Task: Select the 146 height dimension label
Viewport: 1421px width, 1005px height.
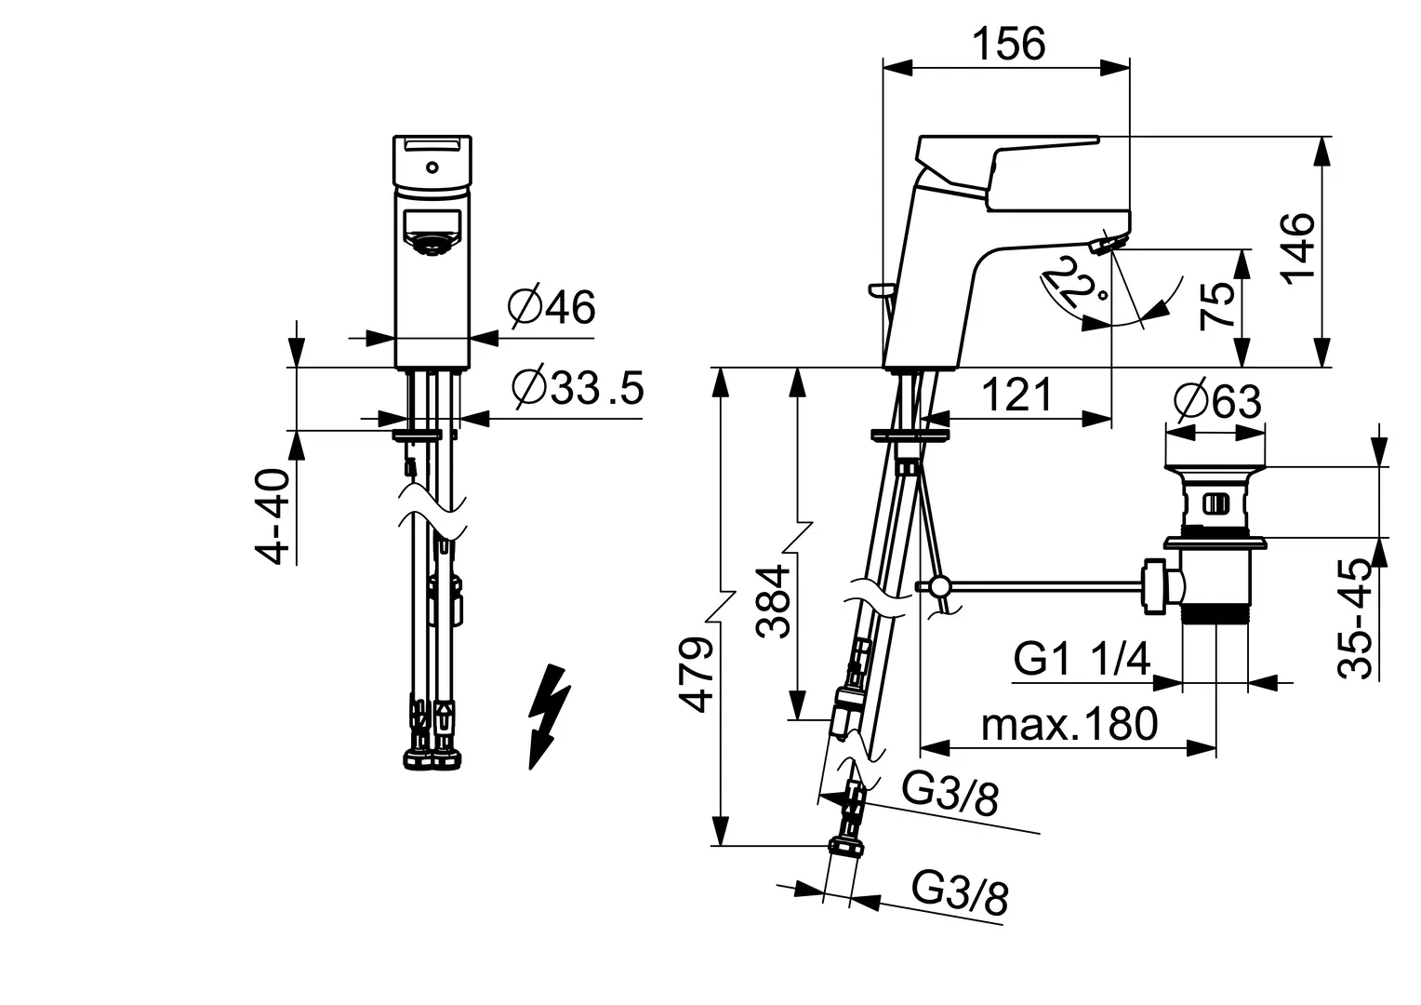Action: click(1297, 248)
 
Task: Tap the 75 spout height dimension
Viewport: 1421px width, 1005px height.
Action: click(1216, 305)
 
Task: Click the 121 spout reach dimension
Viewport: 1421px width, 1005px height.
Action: click(1016, 394)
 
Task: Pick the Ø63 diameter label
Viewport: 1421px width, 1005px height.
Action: click(1217, 401)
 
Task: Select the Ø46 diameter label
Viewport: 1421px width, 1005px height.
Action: click(551, 307)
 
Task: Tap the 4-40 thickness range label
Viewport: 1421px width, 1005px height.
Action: click(272, 516)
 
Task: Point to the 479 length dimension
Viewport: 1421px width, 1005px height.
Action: click(696, 675)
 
